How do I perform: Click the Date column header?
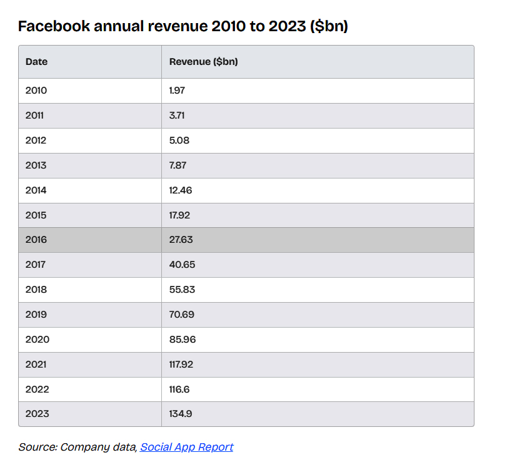(x=36, y=62)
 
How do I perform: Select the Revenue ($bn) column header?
(x=203, y=62)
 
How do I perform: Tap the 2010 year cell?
(x=36, y=91)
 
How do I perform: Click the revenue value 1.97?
(x=177, y=91)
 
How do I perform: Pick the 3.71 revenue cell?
(x=177, y=115)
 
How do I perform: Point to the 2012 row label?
(x=36, y=140)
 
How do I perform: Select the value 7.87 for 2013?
(x=178, y=165)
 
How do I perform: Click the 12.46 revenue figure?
(x=181, y=190)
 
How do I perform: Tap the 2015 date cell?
(x=36, y=215)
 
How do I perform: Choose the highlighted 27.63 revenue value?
(x=181, y=240)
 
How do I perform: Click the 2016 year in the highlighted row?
(x=36, y=240)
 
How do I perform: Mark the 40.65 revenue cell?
(x=182, y=265)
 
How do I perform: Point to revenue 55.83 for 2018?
(x=182, y=290)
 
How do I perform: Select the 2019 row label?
(x=36, y=315)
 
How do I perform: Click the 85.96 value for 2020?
(x=182, y=340)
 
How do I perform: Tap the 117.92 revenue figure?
(x=181, y=364)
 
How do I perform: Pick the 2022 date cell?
(x=37, y=389)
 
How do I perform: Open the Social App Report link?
(x=186, y=447)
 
